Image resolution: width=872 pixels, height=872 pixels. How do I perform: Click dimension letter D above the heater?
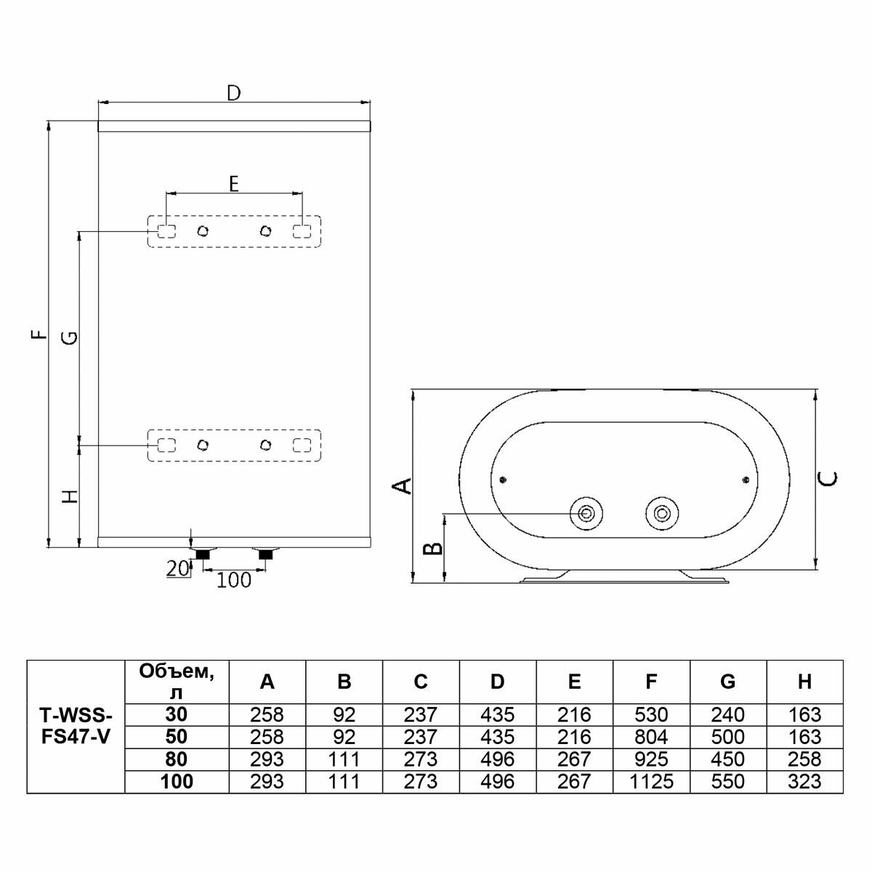233,93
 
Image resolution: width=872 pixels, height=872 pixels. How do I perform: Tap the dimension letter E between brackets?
233,184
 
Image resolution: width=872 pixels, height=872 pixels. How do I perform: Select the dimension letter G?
68,337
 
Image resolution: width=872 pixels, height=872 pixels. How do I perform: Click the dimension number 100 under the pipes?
234,580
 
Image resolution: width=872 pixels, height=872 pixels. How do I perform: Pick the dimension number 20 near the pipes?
177,569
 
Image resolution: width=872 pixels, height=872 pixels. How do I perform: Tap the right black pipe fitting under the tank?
265,554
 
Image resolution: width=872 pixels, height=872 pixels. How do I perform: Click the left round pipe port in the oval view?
586,514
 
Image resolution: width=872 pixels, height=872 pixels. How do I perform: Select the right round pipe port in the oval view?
661,514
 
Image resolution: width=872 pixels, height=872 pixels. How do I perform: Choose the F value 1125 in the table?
651,782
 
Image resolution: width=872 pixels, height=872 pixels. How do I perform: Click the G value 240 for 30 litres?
727,715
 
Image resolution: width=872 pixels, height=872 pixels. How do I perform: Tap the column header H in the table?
804,682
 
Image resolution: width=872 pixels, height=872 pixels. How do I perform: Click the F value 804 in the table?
651,737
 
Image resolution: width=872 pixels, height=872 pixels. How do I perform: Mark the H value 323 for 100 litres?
804,782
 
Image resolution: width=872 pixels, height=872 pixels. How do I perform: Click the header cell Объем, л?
177,682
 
